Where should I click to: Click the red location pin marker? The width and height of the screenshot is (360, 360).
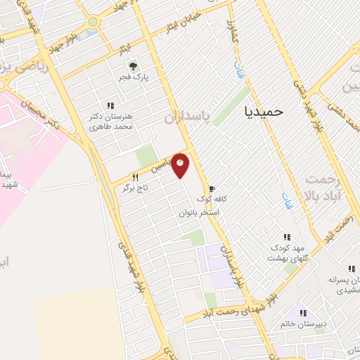pos(181,165)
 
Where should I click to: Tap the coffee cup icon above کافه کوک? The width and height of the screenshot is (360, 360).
pos(212,188)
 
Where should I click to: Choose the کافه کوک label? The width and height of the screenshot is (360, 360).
pos(231,199)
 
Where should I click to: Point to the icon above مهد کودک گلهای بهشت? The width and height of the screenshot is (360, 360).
pos(286,237)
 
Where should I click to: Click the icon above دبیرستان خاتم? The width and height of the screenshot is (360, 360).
pos(302,312)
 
